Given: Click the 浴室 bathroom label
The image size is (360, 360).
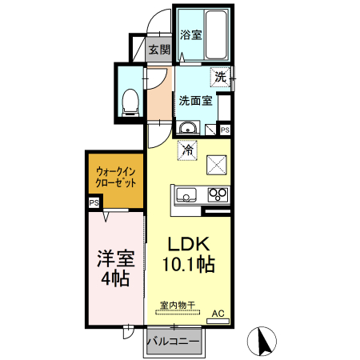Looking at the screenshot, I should tap(190, 35).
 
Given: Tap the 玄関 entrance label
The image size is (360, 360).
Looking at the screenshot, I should tap(159, 50).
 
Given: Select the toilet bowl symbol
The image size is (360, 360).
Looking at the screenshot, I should tap(130, 100).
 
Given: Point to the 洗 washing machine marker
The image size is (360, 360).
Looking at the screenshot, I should tap(220, 77).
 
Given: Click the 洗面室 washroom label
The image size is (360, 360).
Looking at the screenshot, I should tap(195, 101).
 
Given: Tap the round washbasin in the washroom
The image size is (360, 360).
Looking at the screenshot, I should tap(189, 128).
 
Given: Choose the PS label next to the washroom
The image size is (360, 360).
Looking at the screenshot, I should tap(225, 130).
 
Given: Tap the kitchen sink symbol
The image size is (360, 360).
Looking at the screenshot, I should tap(186, 194).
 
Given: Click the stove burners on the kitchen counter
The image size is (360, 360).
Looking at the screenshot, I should tap(217, 194).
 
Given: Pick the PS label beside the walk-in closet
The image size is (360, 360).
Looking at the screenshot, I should tap(94, 203).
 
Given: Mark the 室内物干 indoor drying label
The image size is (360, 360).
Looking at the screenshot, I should tap(176, 306).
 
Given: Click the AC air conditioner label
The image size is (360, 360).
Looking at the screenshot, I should tap(218, 314).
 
